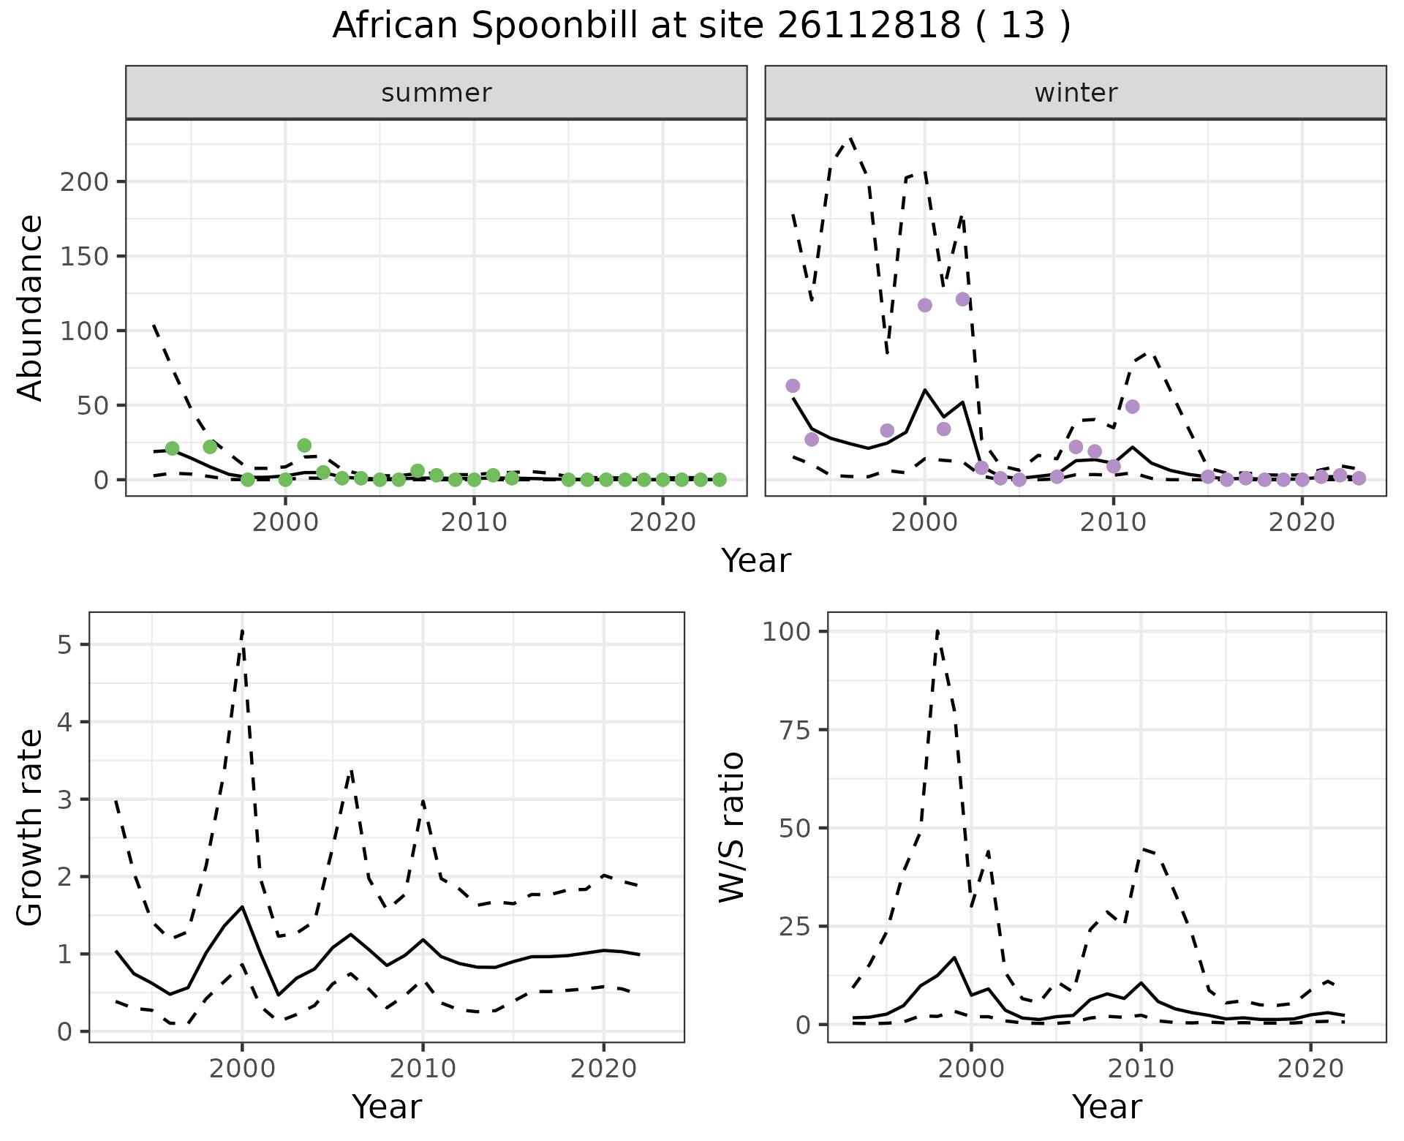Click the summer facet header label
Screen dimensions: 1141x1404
[437, 93]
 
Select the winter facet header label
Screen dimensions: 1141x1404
[1076, 93]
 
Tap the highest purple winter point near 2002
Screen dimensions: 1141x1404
[962, 299]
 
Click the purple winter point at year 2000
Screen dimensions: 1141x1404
[925, 305]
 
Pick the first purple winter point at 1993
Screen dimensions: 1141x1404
[793, 385]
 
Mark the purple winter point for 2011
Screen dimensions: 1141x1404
[1133, 407]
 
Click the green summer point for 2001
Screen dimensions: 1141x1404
[305, 445]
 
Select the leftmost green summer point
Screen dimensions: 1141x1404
[173, 448]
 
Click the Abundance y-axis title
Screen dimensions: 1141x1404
[31, 307]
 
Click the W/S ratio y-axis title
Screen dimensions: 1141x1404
[731, 826]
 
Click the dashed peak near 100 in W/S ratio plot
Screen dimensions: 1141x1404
[937, 630]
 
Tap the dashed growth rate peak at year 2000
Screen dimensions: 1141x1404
[242, 630]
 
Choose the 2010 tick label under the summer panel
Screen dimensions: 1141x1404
[474, 523]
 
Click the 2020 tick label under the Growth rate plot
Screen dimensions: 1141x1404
[603, 1069]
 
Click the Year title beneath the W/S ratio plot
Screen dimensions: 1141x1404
[1106, 1107]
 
